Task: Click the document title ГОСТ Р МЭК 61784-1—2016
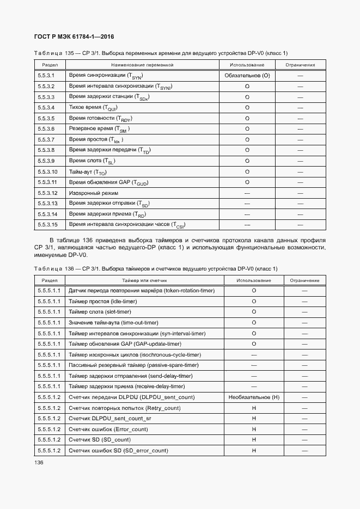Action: click(74, 37)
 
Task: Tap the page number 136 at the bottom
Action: click(39, 462)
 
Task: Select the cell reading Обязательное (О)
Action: click(247, 76)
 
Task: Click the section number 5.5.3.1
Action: click(46, 76)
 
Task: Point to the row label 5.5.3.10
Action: click(48, 171)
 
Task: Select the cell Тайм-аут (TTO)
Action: click(88, 171)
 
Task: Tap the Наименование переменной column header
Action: click(142, 65)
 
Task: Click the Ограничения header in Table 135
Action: click(300, 65)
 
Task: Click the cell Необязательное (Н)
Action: click(254, 397)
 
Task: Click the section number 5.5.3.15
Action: click(48, 224)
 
